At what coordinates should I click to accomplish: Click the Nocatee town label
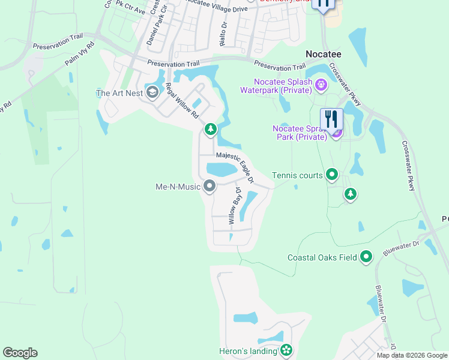[324, 53]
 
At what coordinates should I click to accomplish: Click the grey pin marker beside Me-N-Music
[209, 187]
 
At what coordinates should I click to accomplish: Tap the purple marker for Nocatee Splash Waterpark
[321, 85]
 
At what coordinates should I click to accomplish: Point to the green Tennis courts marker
[332, 175]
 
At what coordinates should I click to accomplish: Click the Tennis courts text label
[297, 175]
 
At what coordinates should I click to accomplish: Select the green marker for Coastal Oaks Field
[366, 257]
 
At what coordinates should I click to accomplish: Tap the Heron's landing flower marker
[286, 350]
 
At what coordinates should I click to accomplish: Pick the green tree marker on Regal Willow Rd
[211, 128]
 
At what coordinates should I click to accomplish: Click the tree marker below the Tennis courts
[351, 194]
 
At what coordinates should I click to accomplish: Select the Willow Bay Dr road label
[234, 206]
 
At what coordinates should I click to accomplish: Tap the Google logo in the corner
[20, 353]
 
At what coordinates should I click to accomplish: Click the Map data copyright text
[411, 355]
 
